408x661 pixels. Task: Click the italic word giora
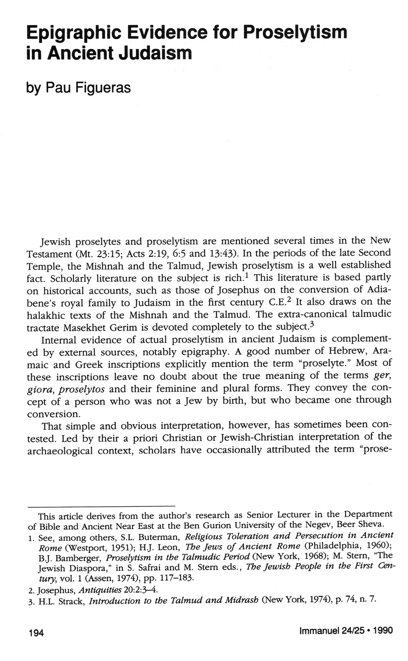click(x=41, y=389)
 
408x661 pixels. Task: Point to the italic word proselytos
click(x=82, y=389)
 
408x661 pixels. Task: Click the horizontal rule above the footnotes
click(x=101, y=506)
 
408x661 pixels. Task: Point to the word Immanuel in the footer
click(x=319, y=631)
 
